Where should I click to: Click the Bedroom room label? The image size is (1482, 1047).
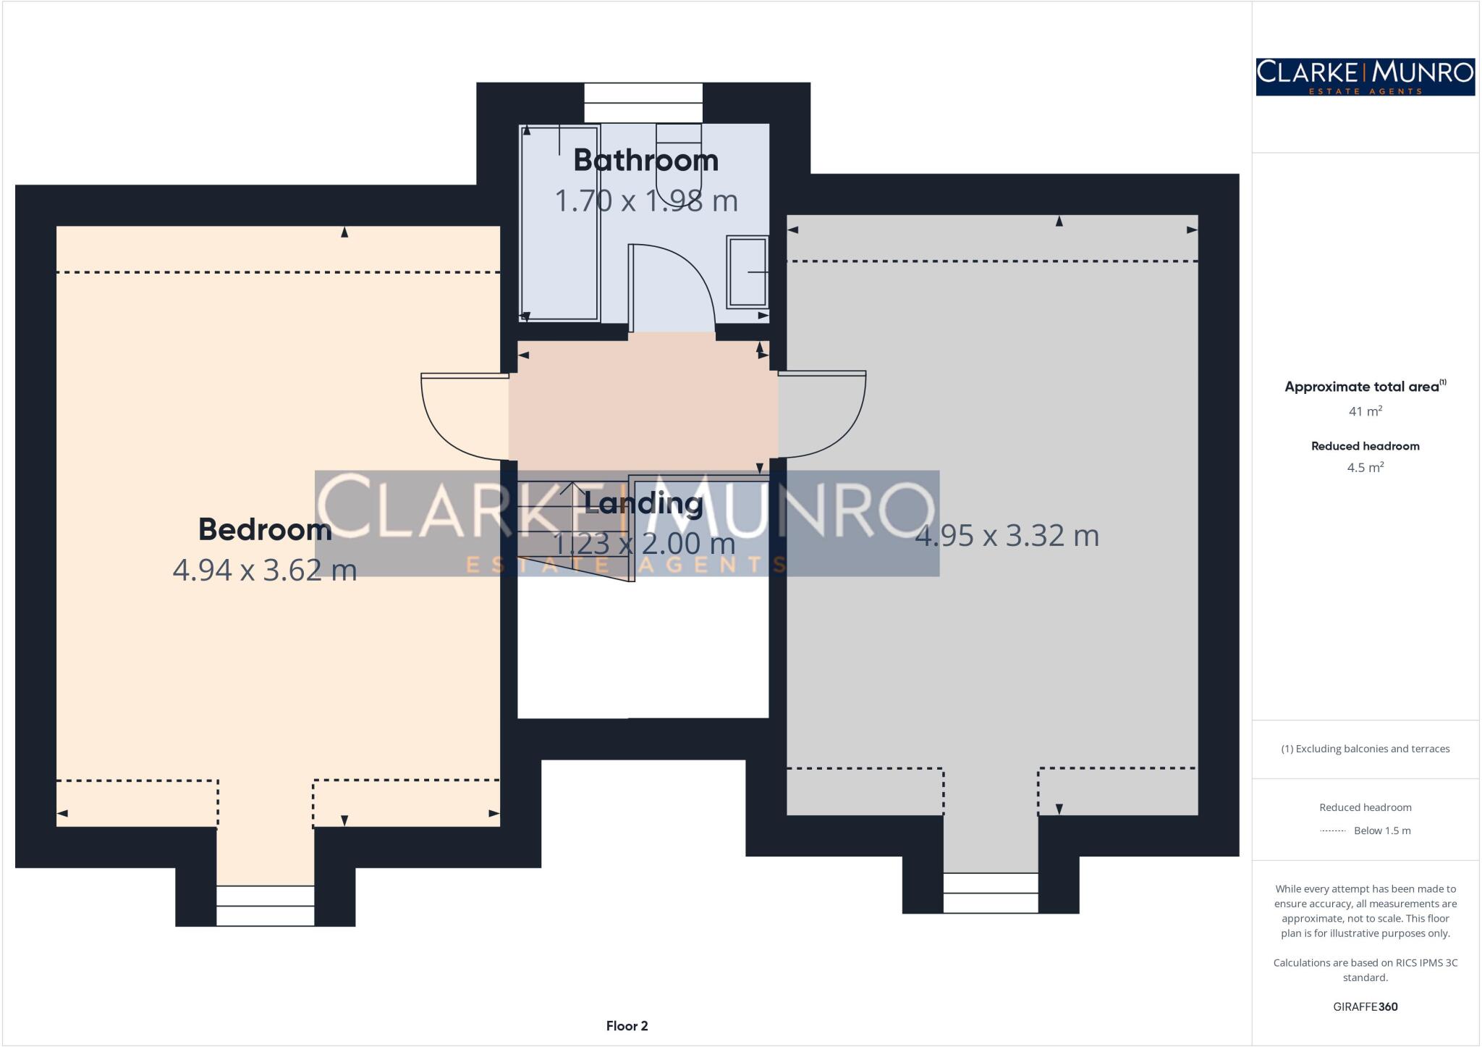coord(265,529)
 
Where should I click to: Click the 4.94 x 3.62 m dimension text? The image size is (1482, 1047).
coord(265,570)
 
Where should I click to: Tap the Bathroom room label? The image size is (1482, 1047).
coord(645,160)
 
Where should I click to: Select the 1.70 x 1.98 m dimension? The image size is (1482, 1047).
coord(645,201)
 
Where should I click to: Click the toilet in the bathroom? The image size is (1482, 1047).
coord(678,156)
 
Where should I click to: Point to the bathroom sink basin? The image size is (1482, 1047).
coord(747,272)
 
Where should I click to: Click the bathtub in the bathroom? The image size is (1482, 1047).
coord(559,223)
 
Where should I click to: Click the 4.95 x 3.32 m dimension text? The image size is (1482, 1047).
coord(1007,536)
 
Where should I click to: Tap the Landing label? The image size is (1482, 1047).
coord(643,503)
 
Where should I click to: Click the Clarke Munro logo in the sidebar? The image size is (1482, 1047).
coord(1365,77)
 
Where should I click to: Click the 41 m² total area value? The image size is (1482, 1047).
coord(1365,411)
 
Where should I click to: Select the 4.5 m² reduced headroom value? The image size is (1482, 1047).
coord(1365,468)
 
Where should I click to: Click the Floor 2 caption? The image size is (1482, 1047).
coord(627,1025)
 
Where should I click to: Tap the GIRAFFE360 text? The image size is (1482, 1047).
coord(1365,1006)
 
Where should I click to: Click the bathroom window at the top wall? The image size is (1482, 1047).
coord(643,103)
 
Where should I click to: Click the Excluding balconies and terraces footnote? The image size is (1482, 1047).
coord(1365,749)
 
